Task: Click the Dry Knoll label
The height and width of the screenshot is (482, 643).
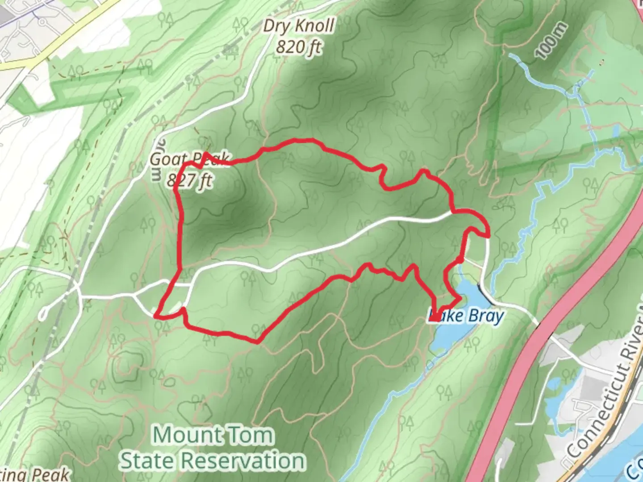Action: (298, 26)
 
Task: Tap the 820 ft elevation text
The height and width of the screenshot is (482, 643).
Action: (298, 47)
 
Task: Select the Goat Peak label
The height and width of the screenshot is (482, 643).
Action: (189, 159)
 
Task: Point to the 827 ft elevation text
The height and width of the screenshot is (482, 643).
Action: (189, 180)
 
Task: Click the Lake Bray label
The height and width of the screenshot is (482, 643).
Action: (466, 316)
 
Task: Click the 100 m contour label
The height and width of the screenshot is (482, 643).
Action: (552, 41)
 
